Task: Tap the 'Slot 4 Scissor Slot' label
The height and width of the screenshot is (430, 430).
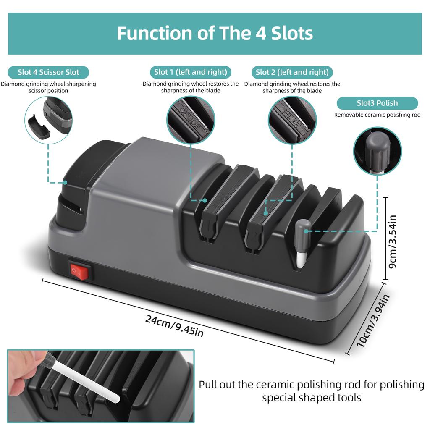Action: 48,72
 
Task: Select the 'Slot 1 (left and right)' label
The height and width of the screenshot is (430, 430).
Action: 191,72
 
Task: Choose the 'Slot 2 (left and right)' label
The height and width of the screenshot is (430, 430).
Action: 292,72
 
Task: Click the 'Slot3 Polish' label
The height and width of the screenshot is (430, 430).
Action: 377,103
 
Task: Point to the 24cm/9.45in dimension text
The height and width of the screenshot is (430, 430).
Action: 175,325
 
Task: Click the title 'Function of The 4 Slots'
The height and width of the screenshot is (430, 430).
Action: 215,34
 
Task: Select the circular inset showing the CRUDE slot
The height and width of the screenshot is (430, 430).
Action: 191,120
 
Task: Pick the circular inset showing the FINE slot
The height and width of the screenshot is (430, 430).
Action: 292,120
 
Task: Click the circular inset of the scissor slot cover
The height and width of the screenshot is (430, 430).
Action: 49,120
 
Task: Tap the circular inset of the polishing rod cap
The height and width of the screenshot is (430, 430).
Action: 377,151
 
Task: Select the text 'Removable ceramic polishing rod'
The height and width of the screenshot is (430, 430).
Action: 377,115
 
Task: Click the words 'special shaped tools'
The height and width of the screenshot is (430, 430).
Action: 312,397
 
